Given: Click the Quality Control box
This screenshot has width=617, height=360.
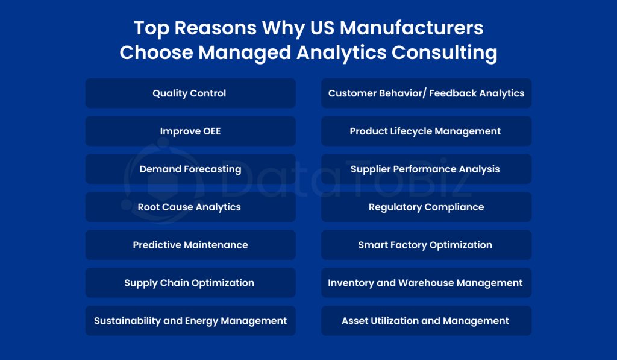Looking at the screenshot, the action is (x=190, y=93).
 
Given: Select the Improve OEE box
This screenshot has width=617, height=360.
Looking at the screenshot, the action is (x=190, y=131).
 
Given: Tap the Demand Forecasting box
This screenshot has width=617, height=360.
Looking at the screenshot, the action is (x=190, y=169).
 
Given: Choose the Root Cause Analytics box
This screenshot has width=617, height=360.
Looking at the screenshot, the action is (x=190, y=207).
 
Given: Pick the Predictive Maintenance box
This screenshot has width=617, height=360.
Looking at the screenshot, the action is (x=190, y=245).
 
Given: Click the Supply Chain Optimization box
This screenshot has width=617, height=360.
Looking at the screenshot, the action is (x=190, y=283).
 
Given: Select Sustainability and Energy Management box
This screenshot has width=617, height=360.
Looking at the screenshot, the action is (x=190, y=321).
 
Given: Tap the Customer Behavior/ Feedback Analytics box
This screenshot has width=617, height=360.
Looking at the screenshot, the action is (x=426, y=93).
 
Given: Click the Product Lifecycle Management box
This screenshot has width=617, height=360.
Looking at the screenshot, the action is (x=426, y=131).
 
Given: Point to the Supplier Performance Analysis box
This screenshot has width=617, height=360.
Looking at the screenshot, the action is (x=426, y=169).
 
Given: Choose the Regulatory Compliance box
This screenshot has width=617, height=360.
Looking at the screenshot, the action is (x=426, y=207).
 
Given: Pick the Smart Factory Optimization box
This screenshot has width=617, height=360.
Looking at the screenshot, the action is (x=426, y=245).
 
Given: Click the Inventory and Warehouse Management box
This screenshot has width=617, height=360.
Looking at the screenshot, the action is (x=426, y=283).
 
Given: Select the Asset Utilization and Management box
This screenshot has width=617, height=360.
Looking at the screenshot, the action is (x=426, y=321).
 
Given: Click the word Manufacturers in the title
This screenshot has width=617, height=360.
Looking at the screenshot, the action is (x=412, y=28).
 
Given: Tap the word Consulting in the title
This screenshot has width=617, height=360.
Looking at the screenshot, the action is (x=444, y=53).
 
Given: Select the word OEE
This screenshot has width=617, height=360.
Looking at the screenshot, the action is (x=211, y=131).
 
